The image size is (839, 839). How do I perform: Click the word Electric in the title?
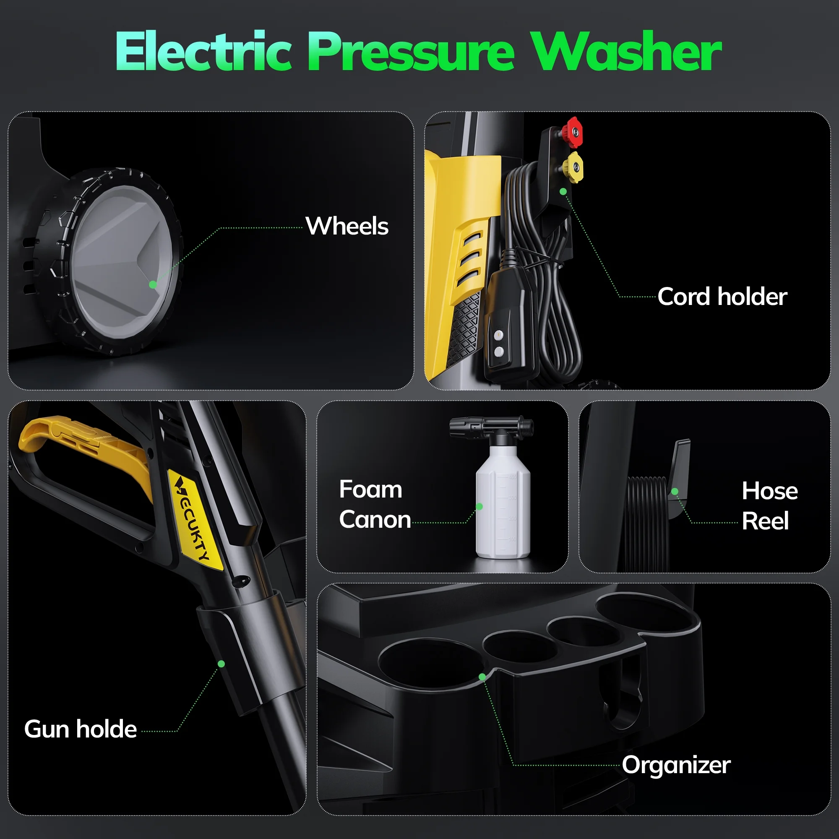203,51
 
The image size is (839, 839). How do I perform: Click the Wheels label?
347,226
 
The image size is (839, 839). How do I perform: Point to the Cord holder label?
722,297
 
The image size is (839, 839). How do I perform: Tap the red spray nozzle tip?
573,132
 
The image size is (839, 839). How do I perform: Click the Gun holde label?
81,729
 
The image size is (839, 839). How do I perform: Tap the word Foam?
371,490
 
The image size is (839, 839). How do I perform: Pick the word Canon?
375,519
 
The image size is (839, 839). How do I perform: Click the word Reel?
765,521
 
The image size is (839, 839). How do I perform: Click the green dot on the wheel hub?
153,284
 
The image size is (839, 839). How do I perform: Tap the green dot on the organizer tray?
482,677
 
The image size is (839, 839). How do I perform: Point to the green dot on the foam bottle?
479,506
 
